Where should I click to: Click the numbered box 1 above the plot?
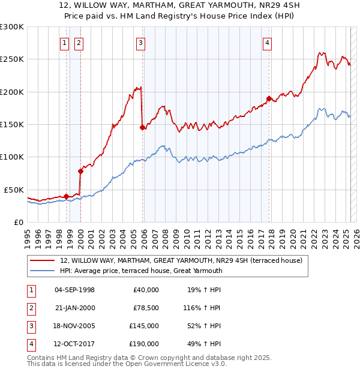pos(64,42)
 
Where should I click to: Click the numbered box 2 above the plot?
pos(79,42)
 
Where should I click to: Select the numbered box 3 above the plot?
pos(140,42)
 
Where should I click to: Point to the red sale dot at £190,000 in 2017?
pos(269,98)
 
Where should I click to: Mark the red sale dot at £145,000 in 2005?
pos(142,127)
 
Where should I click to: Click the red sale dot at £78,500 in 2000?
pos(80,171)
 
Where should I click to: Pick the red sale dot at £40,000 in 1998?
pos(66,196)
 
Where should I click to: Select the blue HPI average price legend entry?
pos(141,271)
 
